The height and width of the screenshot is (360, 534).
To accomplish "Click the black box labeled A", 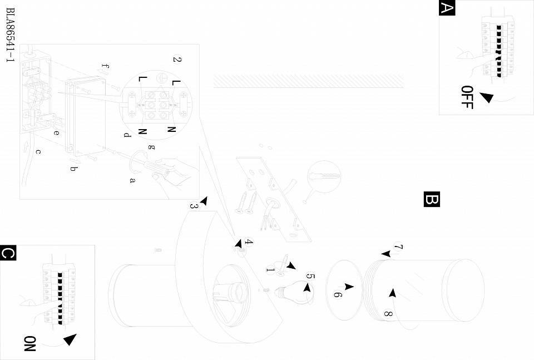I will coord(447,8).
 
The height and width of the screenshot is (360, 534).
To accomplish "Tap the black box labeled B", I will coord(432,199).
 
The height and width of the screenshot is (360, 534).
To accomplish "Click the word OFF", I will coord(467,97).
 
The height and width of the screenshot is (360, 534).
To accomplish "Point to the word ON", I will coord(29,343).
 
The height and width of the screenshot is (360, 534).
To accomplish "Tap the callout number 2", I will coord(177,60).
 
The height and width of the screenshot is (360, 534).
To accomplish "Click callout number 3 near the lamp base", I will coord(194,206).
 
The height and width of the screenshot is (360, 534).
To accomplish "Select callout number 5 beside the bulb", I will coord(310,277).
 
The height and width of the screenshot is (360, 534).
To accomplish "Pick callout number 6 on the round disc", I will coord(337,294).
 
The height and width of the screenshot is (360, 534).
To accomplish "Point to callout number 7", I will coord(398,247).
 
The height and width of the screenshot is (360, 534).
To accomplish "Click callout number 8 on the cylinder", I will coord(388,314).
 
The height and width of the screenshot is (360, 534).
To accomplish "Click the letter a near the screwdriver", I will coord(132,180).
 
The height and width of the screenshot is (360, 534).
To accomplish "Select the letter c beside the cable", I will coord(38,151).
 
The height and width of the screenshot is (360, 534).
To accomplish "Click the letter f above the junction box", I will coord(106,67).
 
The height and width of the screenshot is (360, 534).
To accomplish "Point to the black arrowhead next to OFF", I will coord(486,97).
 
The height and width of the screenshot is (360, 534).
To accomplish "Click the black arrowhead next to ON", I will coord(70,340).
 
